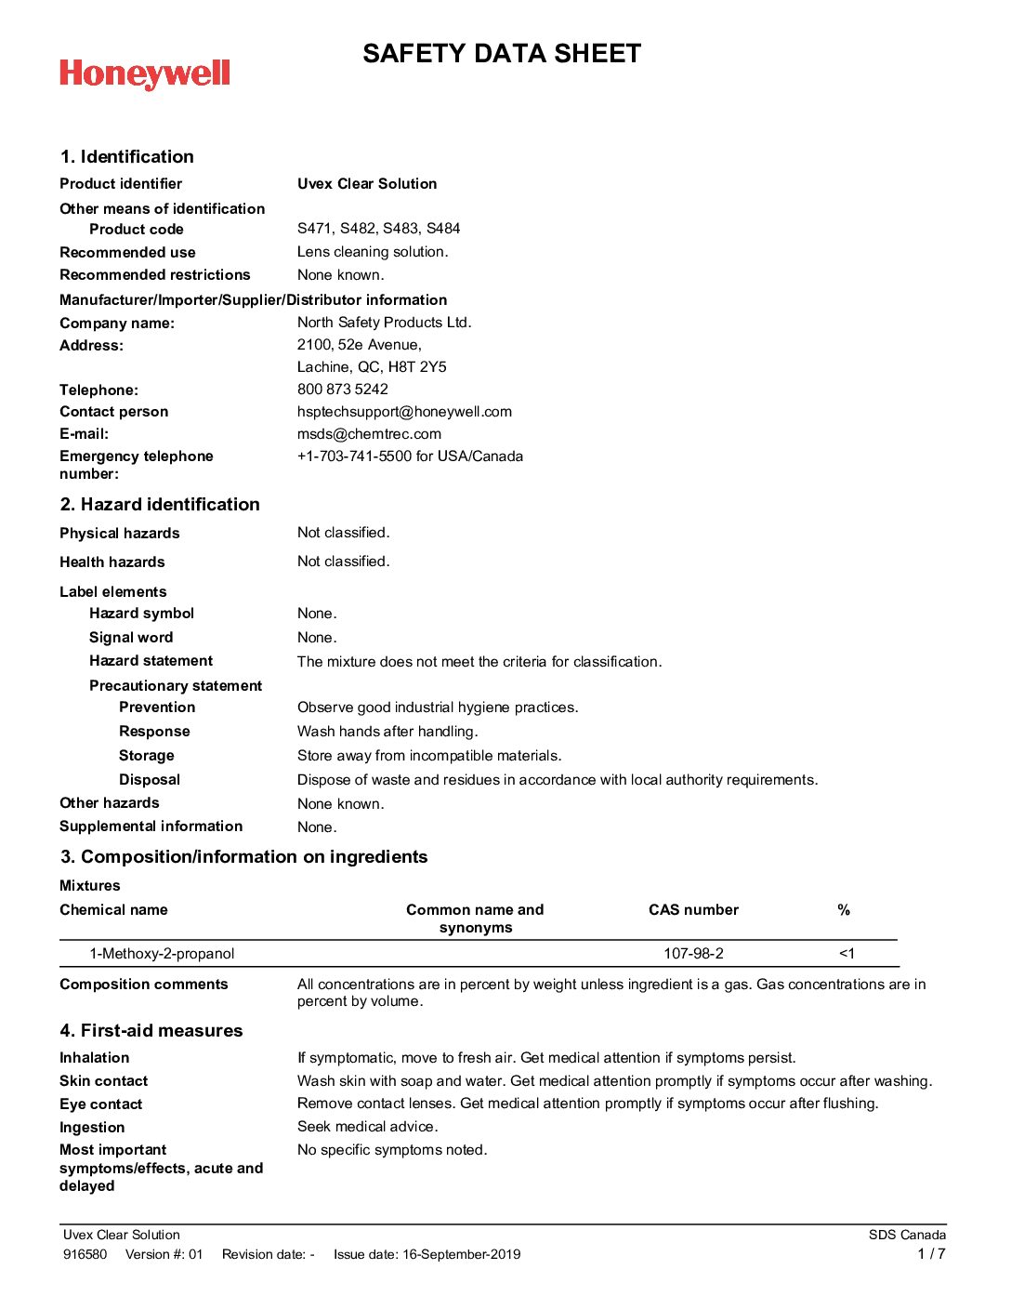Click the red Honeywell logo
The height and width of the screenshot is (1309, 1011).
pyautogui.click(x=145, y=74)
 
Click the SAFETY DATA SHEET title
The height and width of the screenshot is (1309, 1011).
pyautogui.click(x=502, y=54)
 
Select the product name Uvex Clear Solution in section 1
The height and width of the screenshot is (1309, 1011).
pyautogui.click(x=367, y=184)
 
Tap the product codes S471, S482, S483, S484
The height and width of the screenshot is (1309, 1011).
pyautogui.click(x=378, y=229)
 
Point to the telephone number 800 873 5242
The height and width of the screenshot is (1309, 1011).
pyautogui.click(x=343, y=390)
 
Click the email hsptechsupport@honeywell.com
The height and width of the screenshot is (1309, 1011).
pyautogui.click(x=404, y=412)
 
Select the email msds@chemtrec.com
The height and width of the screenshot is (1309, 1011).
pyautogui.click(x=369, y=434)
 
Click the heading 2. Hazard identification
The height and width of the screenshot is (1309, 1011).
pyautogui.click(x=160, y=505)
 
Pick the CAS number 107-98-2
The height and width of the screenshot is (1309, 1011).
pyautogui.click(x=693, y=954)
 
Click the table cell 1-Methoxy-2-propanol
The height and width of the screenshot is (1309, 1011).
pyautogui.click(x=162, y=954)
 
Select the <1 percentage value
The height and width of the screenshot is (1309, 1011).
pyautogui.click(x=847, y=954)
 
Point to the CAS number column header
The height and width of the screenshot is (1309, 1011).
pyautogui.click(x=693, y=910)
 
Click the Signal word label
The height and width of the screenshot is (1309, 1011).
pyautogui.click(x=131, y=638)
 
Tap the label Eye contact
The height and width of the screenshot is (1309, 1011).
pyautogui.click(x=101, y=1104)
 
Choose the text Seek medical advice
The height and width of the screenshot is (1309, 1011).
pyautogui.click(x=367, y=1127)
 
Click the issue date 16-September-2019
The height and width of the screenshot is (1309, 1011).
pyautogui.click(x=461, y=1255)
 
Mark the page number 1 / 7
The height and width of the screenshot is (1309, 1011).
pyautogui.click(x=931, y=1254)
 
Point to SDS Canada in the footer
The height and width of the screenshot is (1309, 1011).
pyautogui.click(x=907, y=1236)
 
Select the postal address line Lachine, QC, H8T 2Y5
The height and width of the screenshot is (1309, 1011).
pyautogui.click(x=372, y=367)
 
